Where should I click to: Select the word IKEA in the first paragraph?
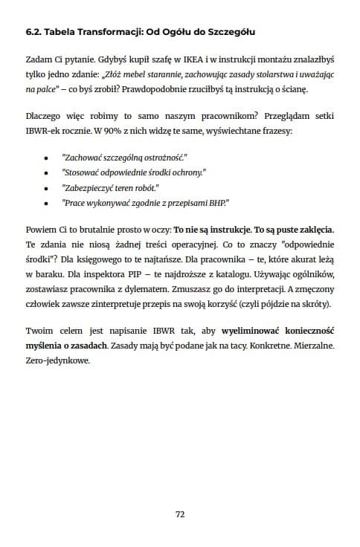coord(167,62)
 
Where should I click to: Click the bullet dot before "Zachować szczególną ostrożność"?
coord(46,158)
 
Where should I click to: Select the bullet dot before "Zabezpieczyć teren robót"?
coord(46,187)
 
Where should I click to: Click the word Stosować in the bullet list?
coord(83,172)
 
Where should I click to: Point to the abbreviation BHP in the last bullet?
coord(216,202)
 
